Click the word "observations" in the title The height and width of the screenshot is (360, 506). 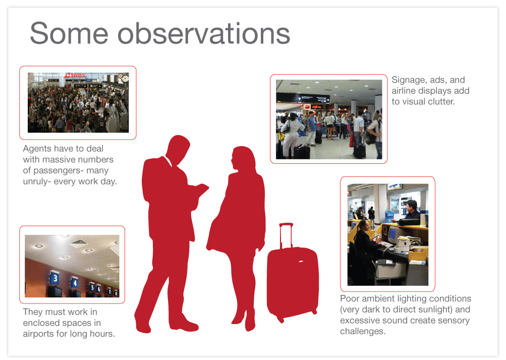coord(204,33)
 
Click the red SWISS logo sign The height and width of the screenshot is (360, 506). coord(75,76)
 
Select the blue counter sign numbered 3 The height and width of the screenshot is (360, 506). coord(54,278)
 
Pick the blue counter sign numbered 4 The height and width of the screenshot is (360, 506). coord(75,282)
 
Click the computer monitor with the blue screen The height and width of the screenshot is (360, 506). coord(392,233)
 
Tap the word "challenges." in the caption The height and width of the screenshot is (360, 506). coord(362,331)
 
